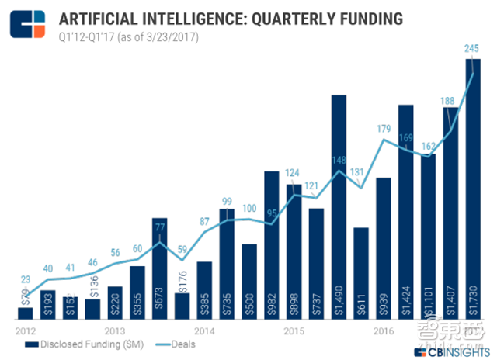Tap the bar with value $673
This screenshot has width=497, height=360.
pos(159,268)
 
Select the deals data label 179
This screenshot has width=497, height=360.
pos(382,130)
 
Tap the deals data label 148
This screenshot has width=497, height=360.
pos(339,161)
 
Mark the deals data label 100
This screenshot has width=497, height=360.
pos(248,208)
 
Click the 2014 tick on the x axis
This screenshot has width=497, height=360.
pos(203,330)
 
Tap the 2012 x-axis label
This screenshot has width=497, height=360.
pos(25,330)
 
